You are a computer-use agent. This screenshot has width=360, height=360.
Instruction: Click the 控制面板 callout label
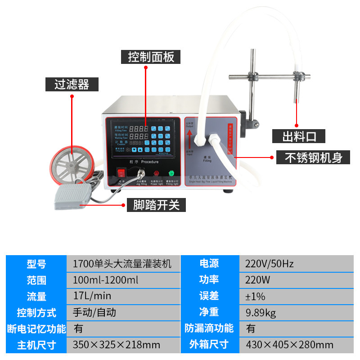click(151, 57)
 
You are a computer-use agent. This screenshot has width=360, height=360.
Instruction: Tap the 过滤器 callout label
click(72, 84)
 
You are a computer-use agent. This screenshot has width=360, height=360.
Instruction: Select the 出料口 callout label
click(297, 136)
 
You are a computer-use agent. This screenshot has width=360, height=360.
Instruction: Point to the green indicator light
click(171, 174)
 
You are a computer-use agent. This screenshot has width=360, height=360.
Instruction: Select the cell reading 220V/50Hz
click(270, 264)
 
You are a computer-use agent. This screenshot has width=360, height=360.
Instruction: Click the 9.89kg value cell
click(261, 312)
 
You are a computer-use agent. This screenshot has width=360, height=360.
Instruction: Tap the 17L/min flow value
click(92, 296)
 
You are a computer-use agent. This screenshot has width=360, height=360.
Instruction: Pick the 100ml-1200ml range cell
click(105, 280)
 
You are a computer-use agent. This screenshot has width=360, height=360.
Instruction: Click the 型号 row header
click(36, 264)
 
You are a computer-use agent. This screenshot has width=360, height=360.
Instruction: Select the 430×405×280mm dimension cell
click(289, 345)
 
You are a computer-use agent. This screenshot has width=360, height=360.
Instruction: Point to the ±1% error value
click(255, 296)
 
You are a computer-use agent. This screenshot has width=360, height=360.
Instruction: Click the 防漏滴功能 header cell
click(209, 328)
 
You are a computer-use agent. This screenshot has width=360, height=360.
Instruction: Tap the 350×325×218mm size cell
click(117, 345)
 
